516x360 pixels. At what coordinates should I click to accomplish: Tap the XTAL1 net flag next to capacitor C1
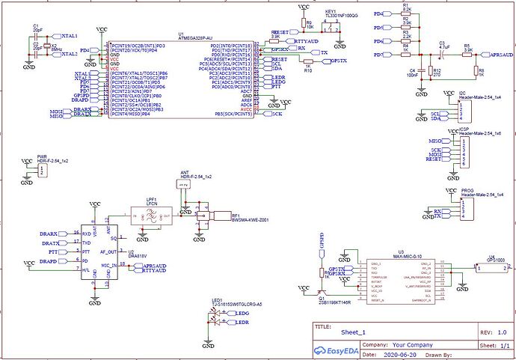click(69, 36)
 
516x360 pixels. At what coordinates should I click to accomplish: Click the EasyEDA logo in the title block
click(335, 350)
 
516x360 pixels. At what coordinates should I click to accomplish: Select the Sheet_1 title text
click(353, 332)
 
